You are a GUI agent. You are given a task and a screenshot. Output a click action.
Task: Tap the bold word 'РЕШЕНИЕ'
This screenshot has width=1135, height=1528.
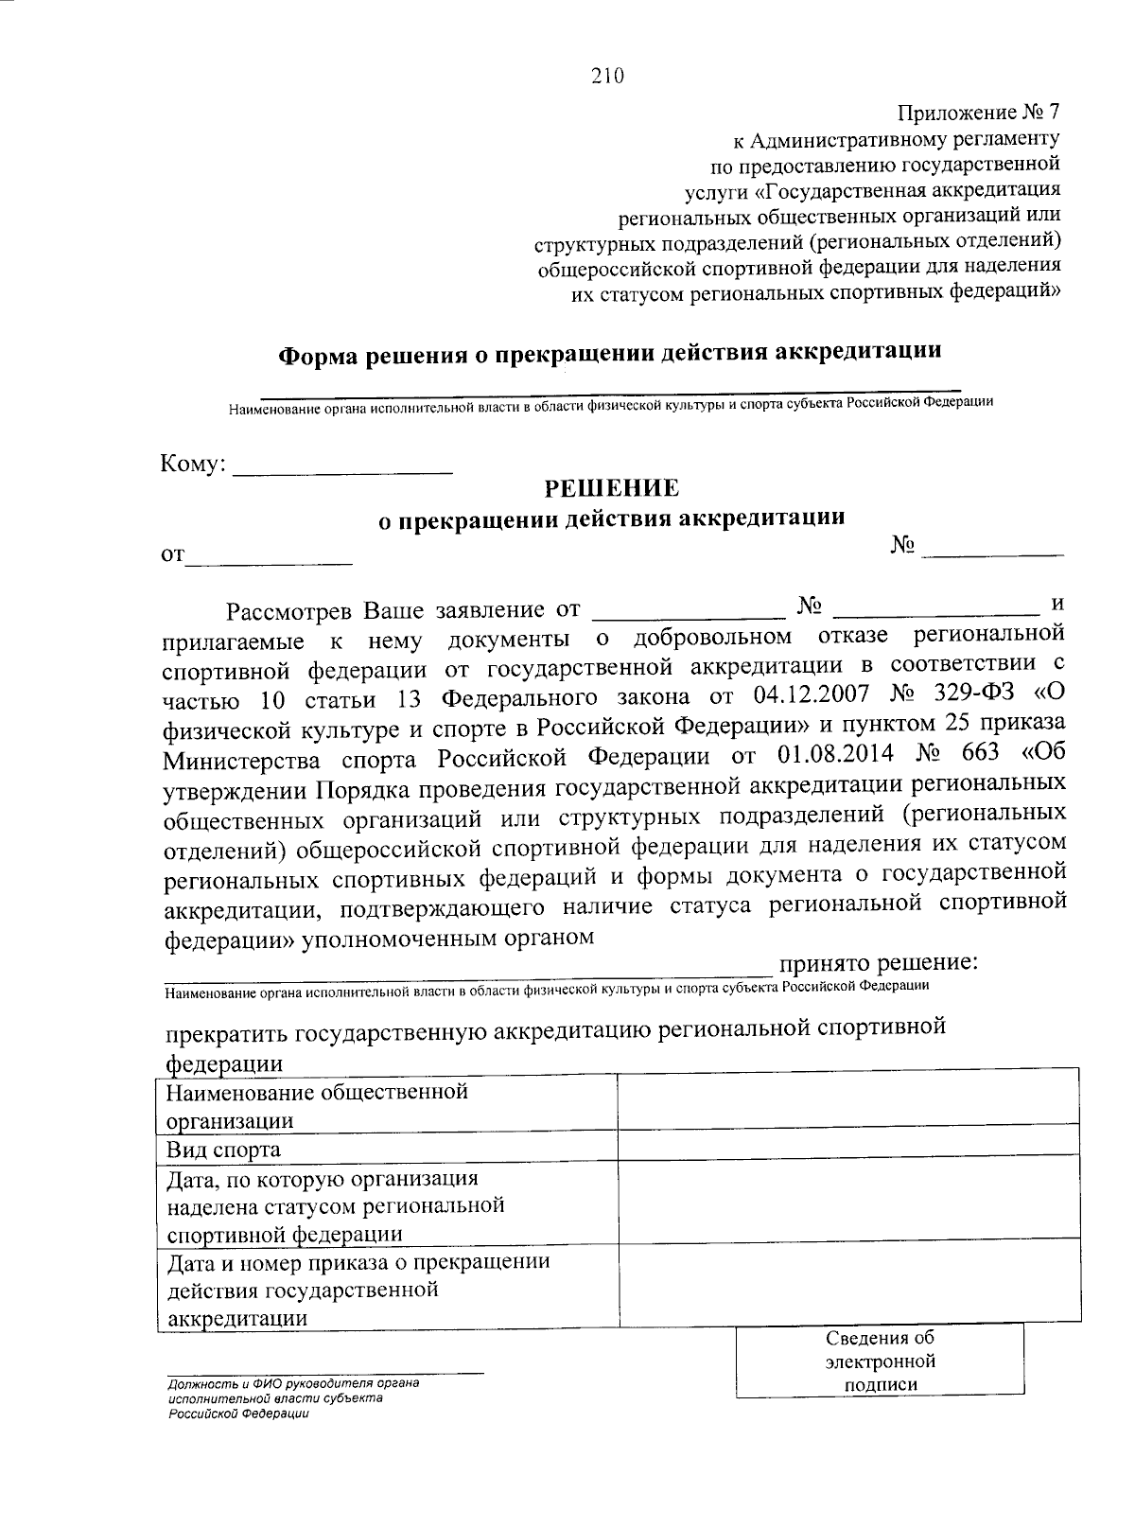pyautogui.click(x=610, y=488)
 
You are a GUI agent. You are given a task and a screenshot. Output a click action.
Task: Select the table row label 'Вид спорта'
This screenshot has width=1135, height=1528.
pyautogui.click(x=224, y=1150)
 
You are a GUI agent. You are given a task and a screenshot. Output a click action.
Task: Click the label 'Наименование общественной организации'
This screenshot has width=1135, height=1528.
pyautogui.click(x=318, y=1106)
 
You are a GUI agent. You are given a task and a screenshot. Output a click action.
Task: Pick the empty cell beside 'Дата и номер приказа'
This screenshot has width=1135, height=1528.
pyautogui.click(x=847, y=1278)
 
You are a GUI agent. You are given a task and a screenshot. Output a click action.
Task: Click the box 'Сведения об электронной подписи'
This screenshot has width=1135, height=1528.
pyautogui.click(x=880, y=1361)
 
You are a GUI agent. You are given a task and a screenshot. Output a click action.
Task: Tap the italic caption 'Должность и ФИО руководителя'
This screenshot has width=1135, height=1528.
pyautogui.click(x=293, y=1382)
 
